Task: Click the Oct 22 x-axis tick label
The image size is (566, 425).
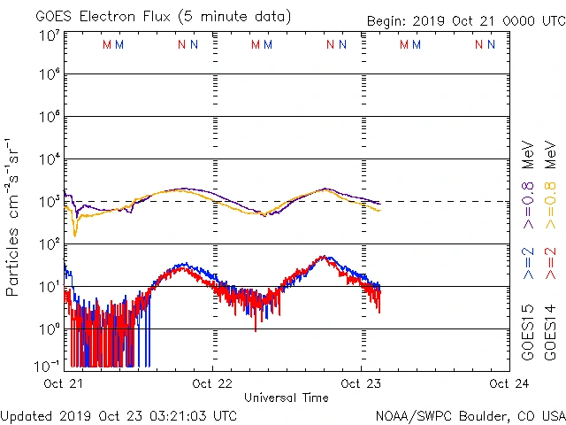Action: coord(212,383)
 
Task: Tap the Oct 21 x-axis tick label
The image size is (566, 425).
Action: coord(64,383)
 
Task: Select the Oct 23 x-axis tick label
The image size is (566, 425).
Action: coord(361,383)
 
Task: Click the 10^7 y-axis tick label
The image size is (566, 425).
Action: coord(50,35)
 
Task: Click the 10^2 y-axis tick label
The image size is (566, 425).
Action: coord(50,245)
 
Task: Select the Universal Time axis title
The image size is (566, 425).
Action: coord(287,398)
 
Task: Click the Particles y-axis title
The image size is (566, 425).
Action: coord(13,217)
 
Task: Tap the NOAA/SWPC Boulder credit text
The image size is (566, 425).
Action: coord(470,415)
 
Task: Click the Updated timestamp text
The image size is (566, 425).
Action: coord(119,415)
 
